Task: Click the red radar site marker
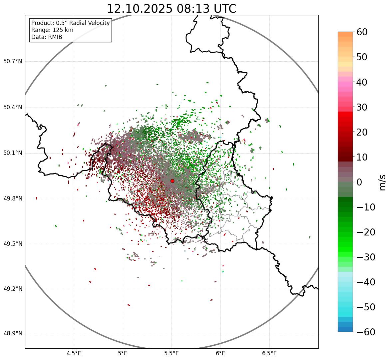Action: coord(172,181)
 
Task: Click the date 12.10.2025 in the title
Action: coord(140,9)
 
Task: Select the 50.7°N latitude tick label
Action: coord(13,62)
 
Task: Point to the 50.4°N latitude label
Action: coord(13,108)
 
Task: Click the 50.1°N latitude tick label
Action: coord(13,153)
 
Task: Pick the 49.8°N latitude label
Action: coord(13,199)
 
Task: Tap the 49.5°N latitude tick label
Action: coord(13,244)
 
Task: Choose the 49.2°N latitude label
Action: coord(13,289)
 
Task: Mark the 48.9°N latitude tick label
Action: coord(13,334)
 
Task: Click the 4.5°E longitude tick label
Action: coord(74,353)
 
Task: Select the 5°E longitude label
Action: coord(123,353)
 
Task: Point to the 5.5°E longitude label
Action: coord(172,353)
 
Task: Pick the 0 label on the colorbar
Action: coord(359,182)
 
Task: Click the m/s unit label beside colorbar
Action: coord(383,182)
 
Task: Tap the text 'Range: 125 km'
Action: coord(52,30)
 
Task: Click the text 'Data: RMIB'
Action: coord(47,37)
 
